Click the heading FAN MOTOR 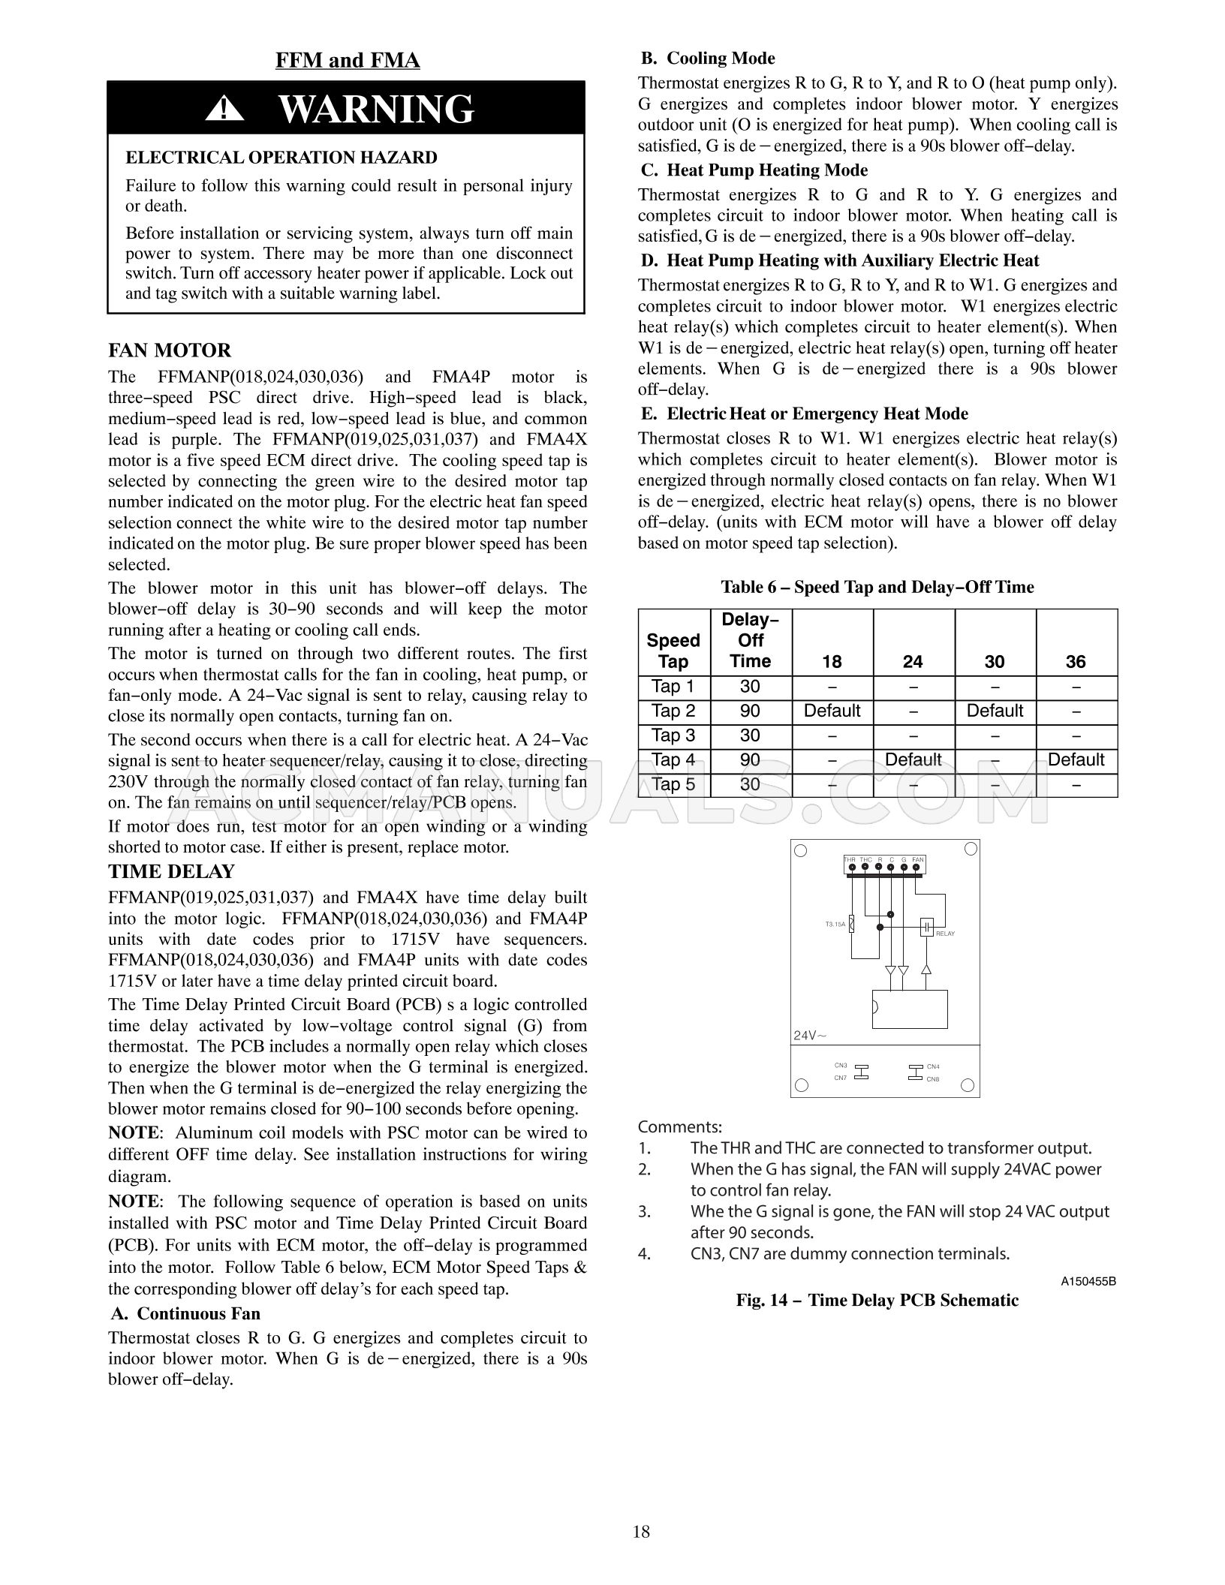[x=170, y=350]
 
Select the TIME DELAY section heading [x=171, y=871]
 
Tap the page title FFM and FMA [x=348, y=60]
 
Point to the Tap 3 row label [x=673, y=735]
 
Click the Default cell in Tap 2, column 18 [x=832, y=711]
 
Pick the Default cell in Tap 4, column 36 [x=1076, y=759]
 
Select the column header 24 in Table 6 [x=913, y=661]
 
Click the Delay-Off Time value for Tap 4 [x=750, y=759]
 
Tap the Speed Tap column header [x=673, y=651]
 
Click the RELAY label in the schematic [x=945, y=934]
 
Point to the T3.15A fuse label [x=835, y=925]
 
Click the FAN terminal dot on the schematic [x=916, y=868]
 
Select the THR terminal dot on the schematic [x=852, y=868]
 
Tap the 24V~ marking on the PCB [x=810, y=1036]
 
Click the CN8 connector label [x=933, y=1079]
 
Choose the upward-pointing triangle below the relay [x=926, y=970]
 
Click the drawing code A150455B [x=1088, y=1282]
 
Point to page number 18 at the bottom [x=641, y=1532]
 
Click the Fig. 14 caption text [x=877, y=1301]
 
